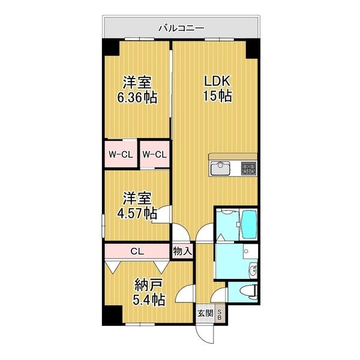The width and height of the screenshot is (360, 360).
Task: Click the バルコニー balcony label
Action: [x=181, y=28]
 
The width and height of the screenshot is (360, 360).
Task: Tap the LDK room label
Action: [x=215, y=82]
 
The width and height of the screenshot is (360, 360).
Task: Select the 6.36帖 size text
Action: [x=137, y=97]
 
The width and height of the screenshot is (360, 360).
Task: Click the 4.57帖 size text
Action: [x=137, y=213]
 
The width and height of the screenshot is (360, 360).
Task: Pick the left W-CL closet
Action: [x=120, y=154]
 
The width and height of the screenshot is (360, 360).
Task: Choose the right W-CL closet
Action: [x=154, y=154]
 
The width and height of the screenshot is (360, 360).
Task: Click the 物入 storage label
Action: [x=182, y=251]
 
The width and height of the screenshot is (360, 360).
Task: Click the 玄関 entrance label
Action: [x=205, y=313]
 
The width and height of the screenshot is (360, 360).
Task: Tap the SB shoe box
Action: [x=220, y=313]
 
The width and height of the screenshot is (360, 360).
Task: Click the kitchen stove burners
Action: [x=248, y=169]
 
